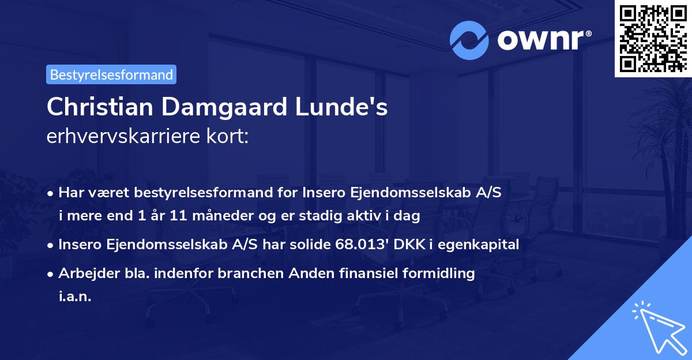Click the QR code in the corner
click(653, 38)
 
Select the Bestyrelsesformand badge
click(111, 74)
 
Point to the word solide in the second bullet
click(304, 245)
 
